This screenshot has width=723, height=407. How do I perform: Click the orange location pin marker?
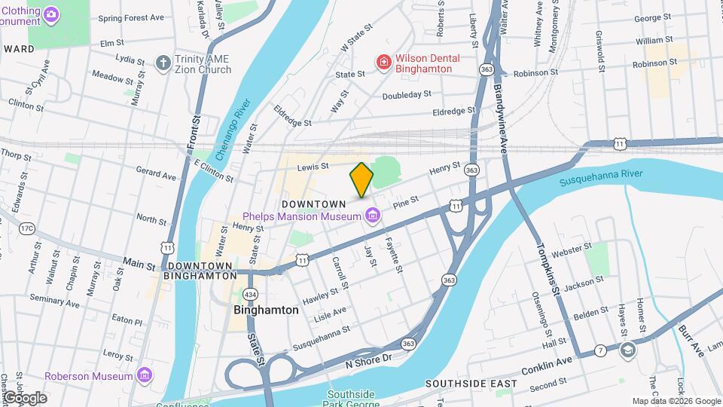361,179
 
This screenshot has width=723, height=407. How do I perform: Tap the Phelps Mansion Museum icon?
372,217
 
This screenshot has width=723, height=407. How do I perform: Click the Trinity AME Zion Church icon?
162,63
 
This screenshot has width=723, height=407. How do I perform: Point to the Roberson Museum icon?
145,375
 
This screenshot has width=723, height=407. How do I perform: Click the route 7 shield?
600,350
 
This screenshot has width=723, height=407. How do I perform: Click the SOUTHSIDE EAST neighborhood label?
471,384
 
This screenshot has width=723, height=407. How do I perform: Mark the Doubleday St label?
407,95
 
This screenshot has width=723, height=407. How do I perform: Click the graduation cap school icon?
627,350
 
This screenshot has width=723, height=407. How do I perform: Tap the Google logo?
24,397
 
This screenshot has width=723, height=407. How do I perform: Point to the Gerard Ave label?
156,176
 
